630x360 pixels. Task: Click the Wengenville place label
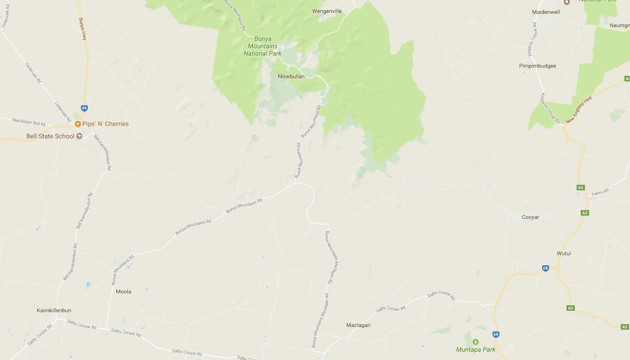click(326, 11)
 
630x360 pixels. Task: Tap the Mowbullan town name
click(291, 76)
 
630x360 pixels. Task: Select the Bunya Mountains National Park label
click(263, 46)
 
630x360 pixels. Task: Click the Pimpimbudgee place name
click(537, 66)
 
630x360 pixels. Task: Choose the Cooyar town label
click(530, 217)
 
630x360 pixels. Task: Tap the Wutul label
click(563, 253)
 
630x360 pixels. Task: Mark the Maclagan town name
click(358, 325)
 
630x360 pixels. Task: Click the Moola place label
click(123, 291)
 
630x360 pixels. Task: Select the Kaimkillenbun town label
click(54, 310)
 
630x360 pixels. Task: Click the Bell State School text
click(50, 136)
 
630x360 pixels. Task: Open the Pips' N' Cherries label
click(105, 124)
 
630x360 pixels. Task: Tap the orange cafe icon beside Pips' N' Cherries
click(78, 124)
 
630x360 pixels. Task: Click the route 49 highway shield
click(84, 108)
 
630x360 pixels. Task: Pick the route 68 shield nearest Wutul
click(545, 268)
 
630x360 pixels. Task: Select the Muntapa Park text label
click(475, 349)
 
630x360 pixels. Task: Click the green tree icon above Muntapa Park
click(475, 342)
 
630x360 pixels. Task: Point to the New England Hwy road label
click(578, 110)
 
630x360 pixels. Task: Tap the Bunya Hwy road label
click(82, 29)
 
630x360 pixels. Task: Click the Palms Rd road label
click(600, 192)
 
